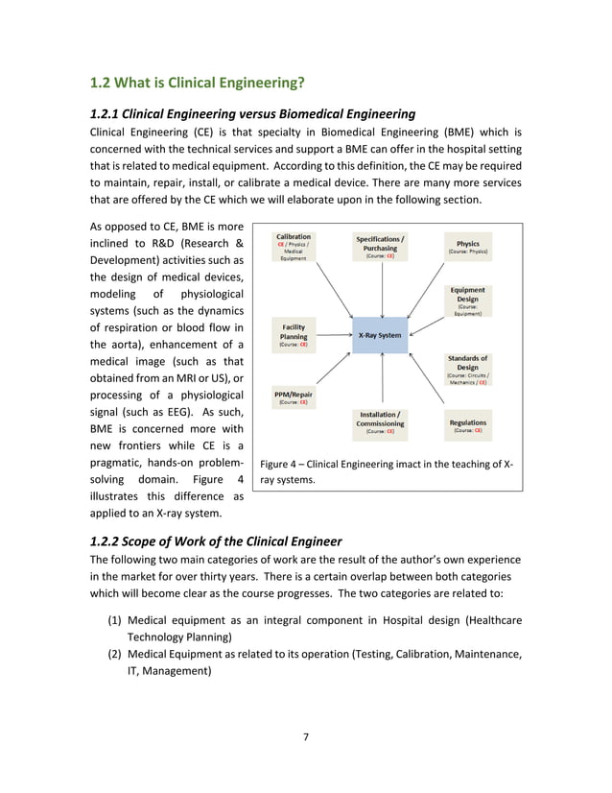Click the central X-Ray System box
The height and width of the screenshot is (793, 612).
(x=381, y=336)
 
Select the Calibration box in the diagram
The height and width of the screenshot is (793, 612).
(x=293, y=247)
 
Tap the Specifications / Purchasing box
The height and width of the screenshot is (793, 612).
(x=380, y=247)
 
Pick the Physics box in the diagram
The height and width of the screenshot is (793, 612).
(x=468, y=247)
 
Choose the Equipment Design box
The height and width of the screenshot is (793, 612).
(x=468, y=300)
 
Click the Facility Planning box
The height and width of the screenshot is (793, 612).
(x=294, y=336)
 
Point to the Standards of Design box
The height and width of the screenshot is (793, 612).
(x=468, y=370)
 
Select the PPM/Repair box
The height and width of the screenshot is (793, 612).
(x=294, y=397)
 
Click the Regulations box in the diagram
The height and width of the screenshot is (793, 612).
(x=468, y=426)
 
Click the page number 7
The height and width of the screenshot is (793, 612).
(x=306, y=736)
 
